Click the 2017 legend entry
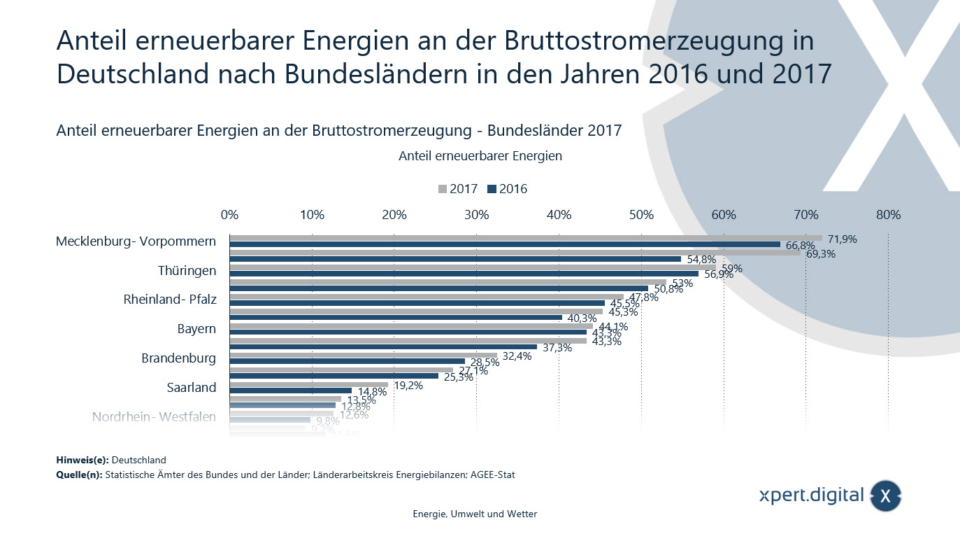[458, 189]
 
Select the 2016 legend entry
[508, 189]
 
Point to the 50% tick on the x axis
[641, 215]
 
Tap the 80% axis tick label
[888, 215]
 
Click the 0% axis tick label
[229, 215]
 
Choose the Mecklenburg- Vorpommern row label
[136, 241]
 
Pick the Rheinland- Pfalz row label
[170, 300]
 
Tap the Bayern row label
[196, 329]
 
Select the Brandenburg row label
[178, 358]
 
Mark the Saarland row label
[191, 388]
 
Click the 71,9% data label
[842, 239]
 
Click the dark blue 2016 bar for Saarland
[290, 391]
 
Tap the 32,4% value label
[517, 356]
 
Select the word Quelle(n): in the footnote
[78, 475]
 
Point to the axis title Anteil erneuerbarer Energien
[480, 156]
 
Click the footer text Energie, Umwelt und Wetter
[475, 514]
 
